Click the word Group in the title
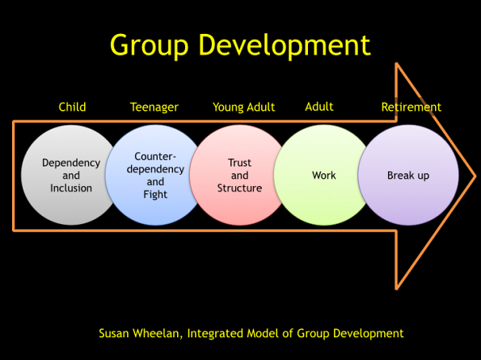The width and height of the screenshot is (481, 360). (x=149, y=46)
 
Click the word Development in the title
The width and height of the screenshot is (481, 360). (x=285, y=44)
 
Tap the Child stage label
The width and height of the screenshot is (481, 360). (x=72, y=107)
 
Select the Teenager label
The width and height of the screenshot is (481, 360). (x=154, y=108)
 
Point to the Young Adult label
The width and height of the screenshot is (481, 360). (x=244, y=108)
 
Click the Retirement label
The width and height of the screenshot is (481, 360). (x=411, y=107)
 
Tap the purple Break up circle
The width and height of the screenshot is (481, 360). (x=408, y=175)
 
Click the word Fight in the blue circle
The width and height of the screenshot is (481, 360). (x=155, y=195)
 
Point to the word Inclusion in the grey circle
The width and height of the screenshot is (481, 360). (x=71, y=188)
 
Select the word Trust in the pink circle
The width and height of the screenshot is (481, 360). (x=239, y=163)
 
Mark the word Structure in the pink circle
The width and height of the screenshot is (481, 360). (x=239, y=188)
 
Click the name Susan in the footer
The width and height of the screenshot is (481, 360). (x=113, y=333)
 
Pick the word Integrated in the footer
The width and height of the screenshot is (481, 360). (x=215, y=333)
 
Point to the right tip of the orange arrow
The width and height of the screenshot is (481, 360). (x=476, y=176)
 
